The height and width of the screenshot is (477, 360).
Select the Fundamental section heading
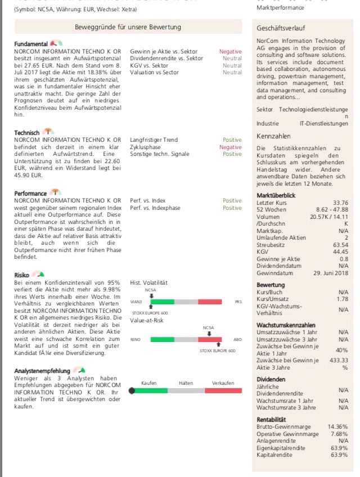pos(31,44)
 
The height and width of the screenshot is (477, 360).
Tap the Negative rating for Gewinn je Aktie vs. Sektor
pos(231,51)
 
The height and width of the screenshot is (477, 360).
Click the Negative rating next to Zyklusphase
pos(231,147)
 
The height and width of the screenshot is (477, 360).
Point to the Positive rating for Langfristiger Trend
pos(232,140)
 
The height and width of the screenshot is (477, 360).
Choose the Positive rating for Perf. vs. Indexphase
pos(232,208)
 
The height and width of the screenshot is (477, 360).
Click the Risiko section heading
pos(22,274)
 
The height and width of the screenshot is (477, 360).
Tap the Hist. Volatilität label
pos(149,282)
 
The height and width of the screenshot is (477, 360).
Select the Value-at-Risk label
pos(146,320)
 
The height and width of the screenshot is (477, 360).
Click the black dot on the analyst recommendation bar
pos(132,390)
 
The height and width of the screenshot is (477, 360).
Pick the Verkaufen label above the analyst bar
pos(223,382)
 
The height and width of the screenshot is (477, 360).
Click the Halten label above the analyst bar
pos(186,382)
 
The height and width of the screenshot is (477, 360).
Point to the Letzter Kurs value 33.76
pos(340,202)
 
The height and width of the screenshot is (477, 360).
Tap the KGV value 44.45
pos(340,252)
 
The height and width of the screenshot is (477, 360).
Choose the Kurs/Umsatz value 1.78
pos(341,298)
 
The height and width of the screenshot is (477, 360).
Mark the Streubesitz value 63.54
pos(340,245)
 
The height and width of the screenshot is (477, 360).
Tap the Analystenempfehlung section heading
pos(42,371)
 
